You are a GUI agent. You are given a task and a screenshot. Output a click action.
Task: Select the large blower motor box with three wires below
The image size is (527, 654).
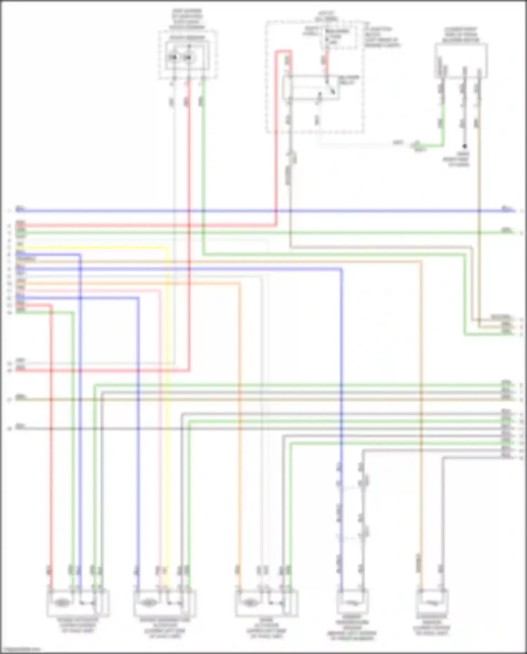tap(461, 60)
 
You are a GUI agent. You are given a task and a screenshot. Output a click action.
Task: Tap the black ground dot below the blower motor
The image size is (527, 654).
tap(464, 146)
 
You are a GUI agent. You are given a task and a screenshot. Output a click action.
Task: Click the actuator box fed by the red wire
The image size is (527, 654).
tap(78, 602)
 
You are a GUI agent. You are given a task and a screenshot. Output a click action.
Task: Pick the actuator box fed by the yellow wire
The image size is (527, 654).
tap(164, 602)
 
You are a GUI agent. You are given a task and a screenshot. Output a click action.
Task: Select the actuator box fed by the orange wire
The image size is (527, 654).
tap(267, 602)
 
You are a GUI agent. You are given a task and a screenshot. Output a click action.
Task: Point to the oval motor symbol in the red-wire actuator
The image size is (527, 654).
tap(62, 602)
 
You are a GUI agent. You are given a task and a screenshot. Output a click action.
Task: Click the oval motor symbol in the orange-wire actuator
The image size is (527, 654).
tap(250, 602)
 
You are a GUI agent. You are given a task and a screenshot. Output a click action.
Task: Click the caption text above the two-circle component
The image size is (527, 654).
tap(187, 19)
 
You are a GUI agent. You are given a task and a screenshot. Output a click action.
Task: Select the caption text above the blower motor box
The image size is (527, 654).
tap(461, 34)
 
